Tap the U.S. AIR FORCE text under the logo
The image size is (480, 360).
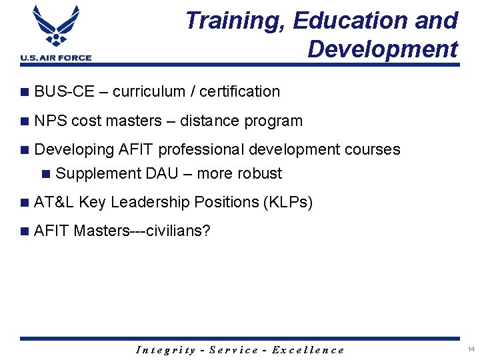[x=56, y=58]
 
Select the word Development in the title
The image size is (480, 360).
[x=383, y=49]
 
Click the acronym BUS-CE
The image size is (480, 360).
[x=64, y=91]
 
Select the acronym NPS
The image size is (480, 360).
[x=50, y=121]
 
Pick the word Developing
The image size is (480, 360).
[x=74, y=149]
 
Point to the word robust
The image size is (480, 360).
[x=257, y=173]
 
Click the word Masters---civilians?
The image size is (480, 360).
[x=142, y=231]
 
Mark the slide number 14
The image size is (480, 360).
[x=471, y=349]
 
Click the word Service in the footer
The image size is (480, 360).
[x=234, y=350]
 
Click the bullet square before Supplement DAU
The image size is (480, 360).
[x=46, y=174]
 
